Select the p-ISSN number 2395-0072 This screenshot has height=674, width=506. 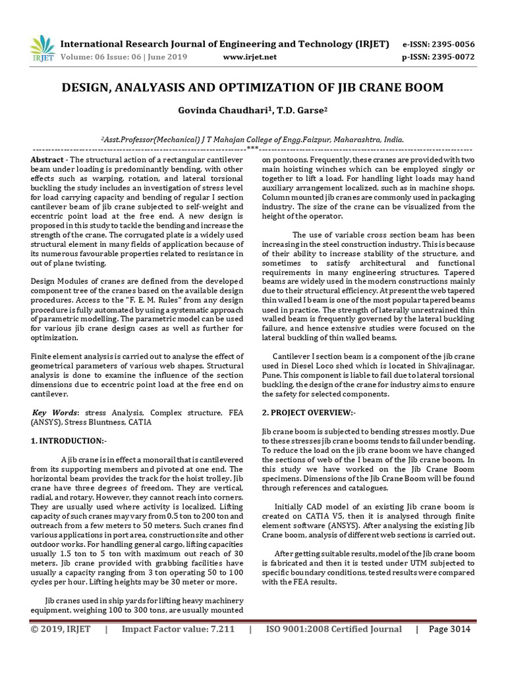tap(451, 57)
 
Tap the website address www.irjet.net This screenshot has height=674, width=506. tap(248, 57)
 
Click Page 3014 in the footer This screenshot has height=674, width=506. tap(449, 629)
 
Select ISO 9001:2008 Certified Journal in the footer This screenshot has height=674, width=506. tap(332, 629)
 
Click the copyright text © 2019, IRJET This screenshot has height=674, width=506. tap(61, 629)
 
